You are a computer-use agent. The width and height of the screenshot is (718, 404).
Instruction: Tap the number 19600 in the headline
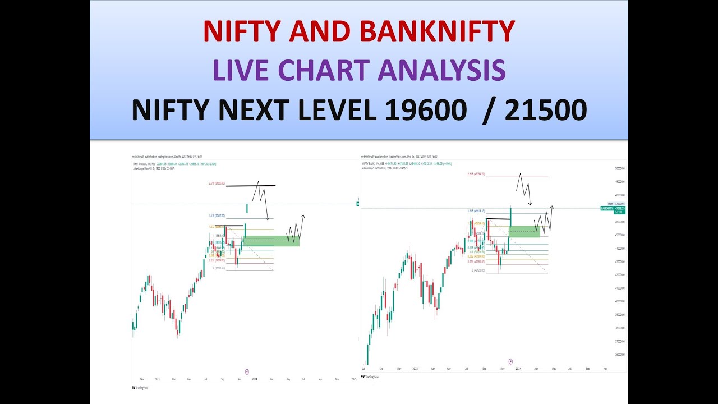point(425,111)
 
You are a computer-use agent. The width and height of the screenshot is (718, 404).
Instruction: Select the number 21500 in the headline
point(546,111)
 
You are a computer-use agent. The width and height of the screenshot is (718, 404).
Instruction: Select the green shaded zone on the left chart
point(271,241)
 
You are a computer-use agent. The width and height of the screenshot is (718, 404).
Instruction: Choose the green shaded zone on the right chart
point(524,231)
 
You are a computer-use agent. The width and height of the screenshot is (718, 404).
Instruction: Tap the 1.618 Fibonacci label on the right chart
point(476,212)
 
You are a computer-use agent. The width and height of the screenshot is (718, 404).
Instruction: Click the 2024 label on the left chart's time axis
point(255,379)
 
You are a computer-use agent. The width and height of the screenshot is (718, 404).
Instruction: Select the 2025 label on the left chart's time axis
point(353,379)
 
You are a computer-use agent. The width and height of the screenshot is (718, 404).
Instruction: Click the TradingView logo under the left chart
point(140,387)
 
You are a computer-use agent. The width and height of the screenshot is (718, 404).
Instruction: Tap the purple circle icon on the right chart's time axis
point(510,362)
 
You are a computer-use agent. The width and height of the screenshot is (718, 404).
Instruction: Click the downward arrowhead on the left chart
point(268,219)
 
